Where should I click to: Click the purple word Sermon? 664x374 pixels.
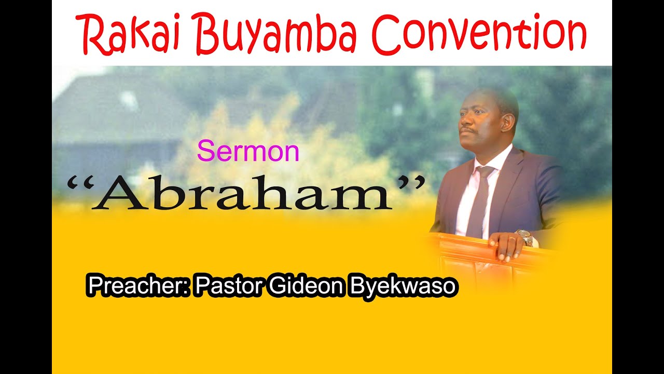(248, 152)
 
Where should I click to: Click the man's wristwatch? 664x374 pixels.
(525, 237)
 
